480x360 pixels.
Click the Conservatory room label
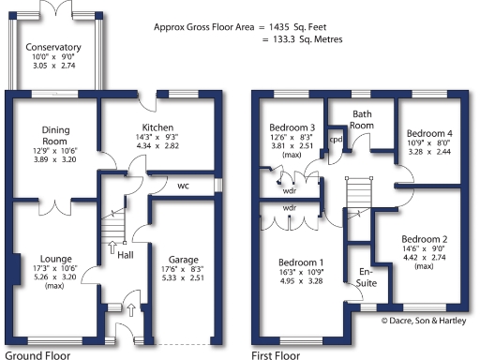click(53, 47)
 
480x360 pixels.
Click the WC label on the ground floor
click(184, 186)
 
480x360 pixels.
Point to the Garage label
click(182, 260)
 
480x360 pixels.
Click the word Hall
click(125, 253)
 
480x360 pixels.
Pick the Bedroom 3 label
click(292, 127)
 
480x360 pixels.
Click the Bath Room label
click(362, 119)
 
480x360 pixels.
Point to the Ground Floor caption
click(37, 353)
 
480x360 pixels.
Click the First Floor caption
click(276, 353)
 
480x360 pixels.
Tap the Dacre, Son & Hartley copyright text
click(428, 321)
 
